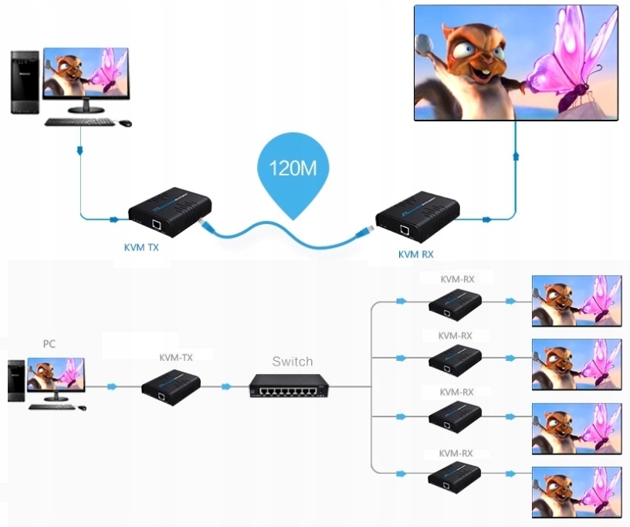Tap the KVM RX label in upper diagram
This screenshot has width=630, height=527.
(415, 253)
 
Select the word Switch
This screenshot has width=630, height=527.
(293, 361)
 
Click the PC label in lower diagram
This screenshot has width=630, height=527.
(49, 342)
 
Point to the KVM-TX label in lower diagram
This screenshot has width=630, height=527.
(176, 357)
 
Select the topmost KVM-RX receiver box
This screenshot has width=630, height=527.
(456, 301)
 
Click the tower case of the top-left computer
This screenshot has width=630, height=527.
(25, 82)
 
